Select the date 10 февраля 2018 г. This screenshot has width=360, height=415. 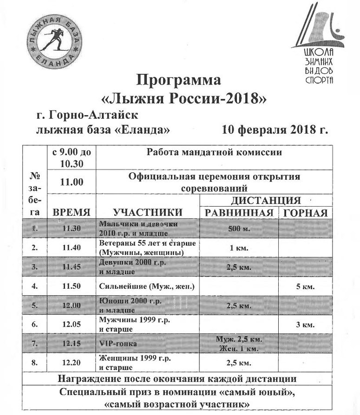click(x=275, y=129)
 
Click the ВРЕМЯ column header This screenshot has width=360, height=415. click(x=72, y=212)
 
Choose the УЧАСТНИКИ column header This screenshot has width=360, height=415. click(x=148, y=212)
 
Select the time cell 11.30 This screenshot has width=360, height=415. click(x=72, y=228)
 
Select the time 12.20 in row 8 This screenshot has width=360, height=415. click(x=72, y=363)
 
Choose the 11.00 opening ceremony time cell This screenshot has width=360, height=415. click(x=72, y=182)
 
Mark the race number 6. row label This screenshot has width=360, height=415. click(x=34, y=324)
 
